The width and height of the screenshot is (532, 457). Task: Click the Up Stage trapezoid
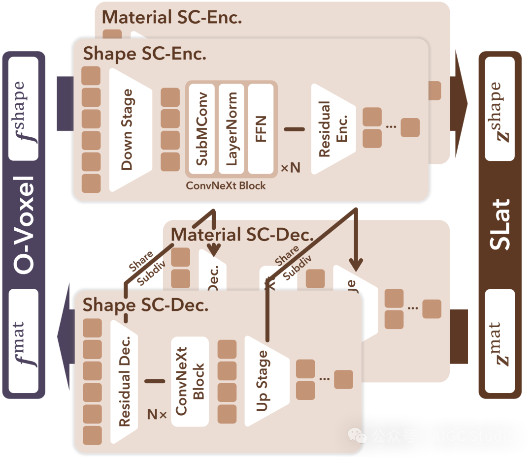click(x=264, y=381)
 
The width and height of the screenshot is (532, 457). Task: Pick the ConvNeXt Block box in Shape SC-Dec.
click(x=190, y=381)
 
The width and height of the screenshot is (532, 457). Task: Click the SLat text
click(x=499, y=225)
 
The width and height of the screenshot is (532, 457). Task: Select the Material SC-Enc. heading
click(x=172, y=18)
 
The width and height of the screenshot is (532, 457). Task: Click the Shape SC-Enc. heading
click(x=144, y=54)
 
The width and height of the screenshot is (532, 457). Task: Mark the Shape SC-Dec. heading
click(x=145, y=305)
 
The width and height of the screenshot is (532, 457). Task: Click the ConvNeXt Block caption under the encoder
click(x=226, y=185)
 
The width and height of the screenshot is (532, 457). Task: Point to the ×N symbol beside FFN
click(x=290, y=168)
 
